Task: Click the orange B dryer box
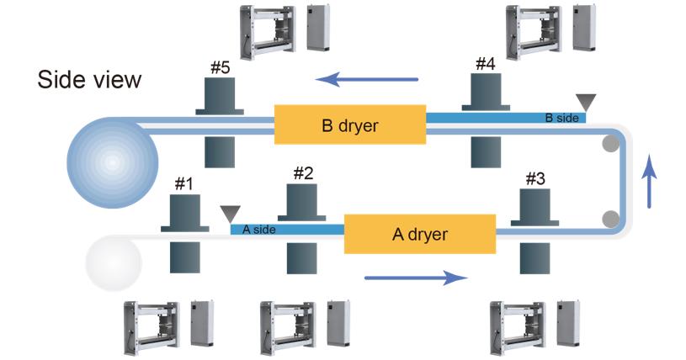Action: click(350, 125)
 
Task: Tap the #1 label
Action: click(183, 183)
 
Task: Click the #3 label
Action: click(535, 178)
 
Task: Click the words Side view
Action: click(88, 81)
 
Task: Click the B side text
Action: click(561, 118)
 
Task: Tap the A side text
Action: click(258, 229)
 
